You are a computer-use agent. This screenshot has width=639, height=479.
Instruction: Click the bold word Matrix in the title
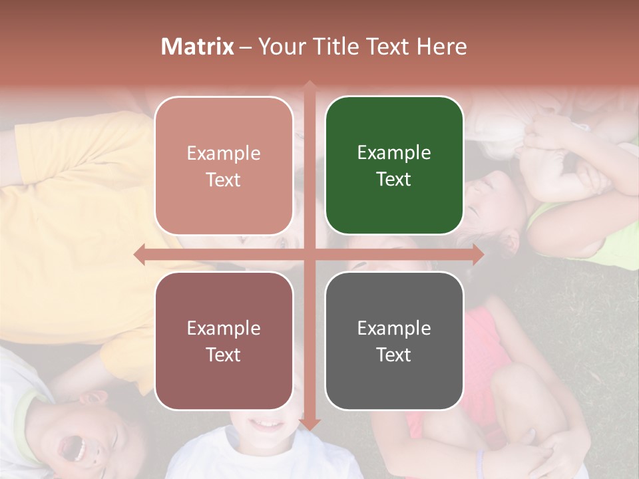pyautogui.click(x=198, y=47)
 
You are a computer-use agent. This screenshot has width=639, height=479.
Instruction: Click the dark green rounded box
pyautogui.click(x=394, y=166)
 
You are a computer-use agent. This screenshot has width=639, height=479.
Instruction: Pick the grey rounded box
pyautogui.click(x=394, y=341)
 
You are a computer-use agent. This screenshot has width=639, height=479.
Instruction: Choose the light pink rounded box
pyautogui.click(x=224, y=166)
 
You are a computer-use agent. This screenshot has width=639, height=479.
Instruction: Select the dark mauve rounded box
pyautogui.click(x=224, y=341)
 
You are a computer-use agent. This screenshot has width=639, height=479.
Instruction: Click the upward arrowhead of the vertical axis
pyautogui.click(x=309, y=87)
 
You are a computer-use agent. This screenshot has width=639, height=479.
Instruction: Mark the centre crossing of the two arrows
pyautogui.click(x=309, y=254)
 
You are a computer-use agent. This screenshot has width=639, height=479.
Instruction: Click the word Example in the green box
pyautogui.click(x=394, y=152)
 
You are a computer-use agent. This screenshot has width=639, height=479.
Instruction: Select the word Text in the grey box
pyautogui.click(x=394, y=355)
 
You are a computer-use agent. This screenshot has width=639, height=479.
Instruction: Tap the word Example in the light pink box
pyautogui.click(x=224, y=153)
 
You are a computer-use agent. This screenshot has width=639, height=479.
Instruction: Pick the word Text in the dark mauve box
pyautogui.click(x=224, y=355)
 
